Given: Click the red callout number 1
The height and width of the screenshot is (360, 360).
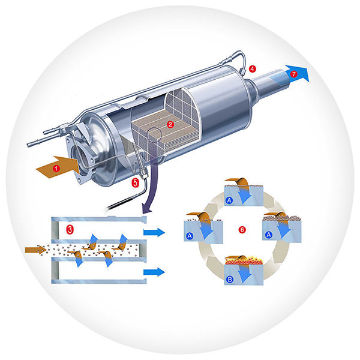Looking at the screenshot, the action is coord(56,169).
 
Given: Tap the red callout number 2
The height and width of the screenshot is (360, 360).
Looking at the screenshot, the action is coord(170,124).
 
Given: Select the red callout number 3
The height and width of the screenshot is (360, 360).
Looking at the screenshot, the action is coord(70,229).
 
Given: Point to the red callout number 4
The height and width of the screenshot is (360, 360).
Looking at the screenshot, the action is coord(253,69).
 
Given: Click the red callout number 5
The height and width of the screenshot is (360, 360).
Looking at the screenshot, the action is coord(135,183).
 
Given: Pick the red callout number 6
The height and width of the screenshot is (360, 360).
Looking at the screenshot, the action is coord(242,230).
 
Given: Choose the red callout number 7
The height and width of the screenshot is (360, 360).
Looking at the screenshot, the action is coord(293,74).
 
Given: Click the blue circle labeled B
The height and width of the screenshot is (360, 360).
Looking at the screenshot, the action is coord(230,280).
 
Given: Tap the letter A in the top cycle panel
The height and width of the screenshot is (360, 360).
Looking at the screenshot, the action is coord(229,200).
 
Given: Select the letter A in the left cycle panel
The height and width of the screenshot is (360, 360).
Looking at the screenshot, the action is coord(190,236).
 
